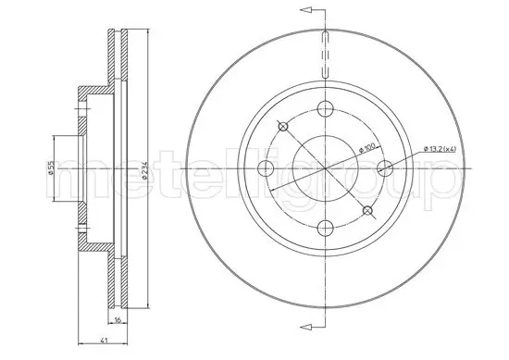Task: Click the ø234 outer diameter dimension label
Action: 144,169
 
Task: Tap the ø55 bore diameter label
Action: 51,168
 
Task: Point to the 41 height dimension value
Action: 104,341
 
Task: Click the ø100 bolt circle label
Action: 367,148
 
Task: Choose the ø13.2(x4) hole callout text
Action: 441,149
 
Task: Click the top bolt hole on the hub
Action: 325,108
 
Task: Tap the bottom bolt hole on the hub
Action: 325,228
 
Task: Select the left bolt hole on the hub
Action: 266,168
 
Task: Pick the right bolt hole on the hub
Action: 385,168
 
